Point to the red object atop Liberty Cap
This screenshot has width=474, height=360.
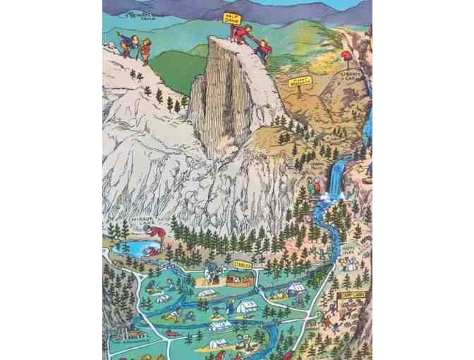coord(346,55)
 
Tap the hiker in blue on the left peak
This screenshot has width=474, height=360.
coord(128,44)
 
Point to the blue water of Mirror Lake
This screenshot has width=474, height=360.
coord(138,248)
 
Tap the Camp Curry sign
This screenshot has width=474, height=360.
coord(356,296)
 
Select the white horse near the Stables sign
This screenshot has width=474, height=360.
coord(212,269)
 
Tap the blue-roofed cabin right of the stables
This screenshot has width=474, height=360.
coord(296,287)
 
